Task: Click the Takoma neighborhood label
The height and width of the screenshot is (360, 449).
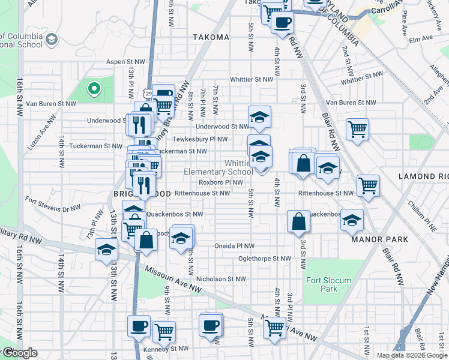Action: [211, 37]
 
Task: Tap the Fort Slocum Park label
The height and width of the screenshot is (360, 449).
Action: [321, 284]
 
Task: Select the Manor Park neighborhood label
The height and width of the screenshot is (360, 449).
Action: [379, 239]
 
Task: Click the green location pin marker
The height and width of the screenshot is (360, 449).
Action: [94, 90]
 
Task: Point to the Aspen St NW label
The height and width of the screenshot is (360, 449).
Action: [125, 62]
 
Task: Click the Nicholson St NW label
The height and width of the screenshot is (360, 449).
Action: [221, 279]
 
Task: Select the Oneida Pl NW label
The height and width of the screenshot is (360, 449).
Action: [235, 246]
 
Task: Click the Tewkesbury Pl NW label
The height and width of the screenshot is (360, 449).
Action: [205, 139]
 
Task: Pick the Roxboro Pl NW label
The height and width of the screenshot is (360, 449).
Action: [221, 182]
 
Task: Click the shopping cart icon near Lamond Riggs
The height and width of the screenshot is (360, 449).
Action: [368, 185]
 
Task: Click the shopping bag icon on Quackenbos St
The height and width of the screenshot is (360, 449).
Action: [298, 221]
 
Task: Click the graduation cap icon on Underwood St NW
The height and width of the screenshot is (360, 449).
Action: [259, 117]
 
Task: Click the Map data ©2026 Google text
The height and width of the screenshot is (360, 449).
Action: [411, 355]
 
